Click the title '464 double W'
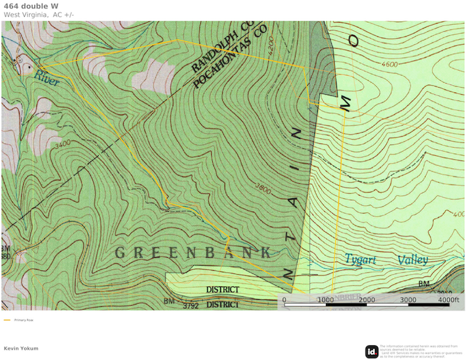[29, 6]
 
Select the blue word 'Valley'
[412, 260]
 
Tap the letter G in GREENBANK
[121, 253]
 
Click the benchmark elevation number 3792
[190, 306]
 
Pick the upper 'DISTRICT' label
[223, 290]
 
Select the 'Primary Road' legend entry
[23, 320]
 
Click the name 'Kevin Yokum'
[21, 348]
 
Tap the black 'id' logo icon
[371, 351]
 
